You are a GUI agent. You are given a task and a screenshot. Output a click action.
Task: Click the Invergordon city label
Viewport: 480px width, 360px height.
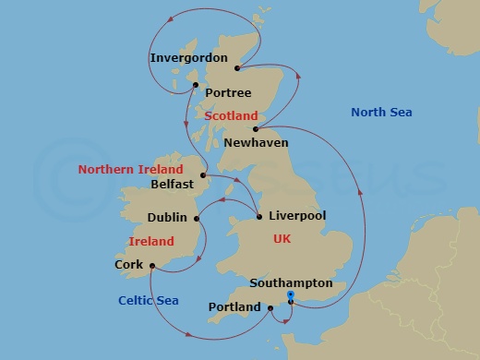(188, 57)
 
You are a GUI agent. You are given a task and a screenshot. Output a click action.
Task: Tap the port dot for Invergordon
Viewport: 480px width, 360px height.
(238, 68)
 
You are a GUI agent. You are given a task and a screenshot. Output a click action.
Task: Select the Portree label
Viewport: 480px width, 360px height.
(228, 93)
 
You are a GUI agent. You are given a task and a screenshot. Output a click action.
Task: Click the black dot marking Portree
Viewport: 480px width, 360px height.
(196, 85)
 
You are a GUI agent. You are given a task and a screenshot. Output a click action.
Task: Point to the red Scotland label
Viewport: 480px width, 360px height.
(231, 116)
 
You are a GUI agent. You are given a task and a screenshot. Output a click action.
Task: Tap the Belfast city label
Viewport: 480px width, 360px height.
(172, 184)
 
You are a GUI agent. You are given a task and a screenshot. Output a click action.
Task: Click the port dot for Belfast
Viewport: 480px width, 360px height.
(203, 174)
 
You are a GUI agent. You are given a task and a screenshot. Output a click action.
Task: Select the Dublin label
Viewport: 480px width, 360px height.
(167, 218)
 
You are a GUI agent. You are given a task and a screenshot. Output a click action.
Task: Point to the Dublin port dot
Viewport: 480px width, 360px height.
(197, 218)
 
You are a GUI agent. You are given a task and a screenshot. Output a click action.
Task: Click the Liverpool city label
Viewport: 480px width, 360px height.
(296, 216)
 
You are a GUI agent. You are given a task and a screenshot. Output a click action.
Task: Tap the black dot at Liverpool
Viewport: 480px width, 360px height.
(258, 218)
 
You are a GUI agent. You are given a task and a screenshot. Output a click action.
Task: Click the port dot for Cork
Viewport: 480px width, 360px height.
(151, 269)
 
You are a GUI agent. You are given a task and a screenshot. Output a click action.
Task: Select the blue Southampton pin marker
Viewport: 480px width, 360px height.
(291, 295)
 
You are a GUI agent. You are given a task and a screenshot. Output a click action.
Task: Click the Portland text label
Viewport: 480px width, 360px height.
(234, 306)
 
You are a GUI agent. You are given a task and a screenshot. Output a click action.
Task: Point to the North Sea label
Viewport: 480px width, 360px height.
(381, 113)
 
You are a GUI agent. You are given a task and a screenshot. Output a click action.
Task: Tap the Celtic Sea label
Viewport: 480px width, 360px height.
(148, 300)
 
